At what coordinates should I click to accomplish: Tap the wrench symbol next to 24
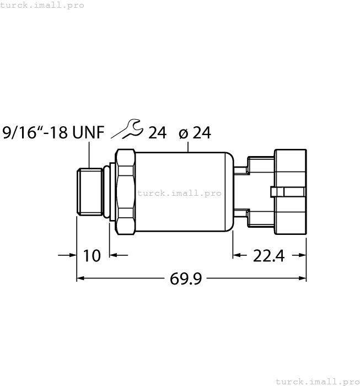127,130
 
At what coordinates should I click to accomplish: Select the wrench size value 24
157,133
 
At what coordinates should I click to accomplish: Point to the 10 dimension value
92,255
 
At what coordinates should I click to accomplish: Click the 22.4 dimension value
268,255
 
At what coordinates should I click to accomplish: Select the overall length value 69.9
185,279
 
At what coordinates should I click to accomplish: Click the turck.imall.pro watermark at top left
42,5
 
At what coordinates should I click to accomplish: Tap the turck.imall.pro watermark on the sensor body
179,193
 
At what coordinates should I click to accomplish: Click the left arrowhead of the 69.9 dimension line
80,279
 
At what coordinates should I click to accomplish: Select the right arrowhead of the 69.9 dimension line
303,279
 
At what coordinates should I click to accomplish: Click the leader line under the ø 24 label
189,146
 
